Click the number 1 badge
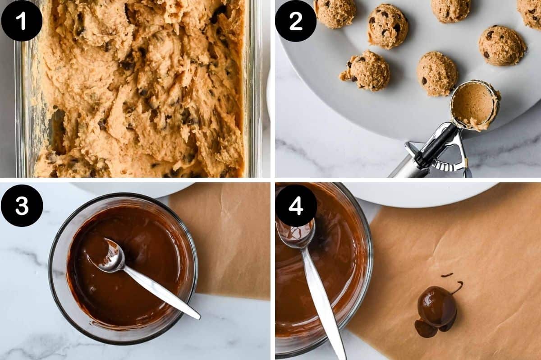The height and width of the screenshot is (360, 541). pos(22,20)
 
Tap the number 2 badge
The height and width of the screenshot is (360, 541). pos(296,20)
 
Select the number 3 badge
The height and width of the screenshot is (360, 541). pos(22,205)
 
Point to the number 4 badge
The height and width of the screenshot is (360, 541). pos(296,205)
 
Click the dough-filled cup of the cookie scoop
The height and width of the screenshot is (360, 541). pos(474,105)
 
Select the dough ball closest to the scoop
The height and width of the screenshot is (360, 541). pos(436,74)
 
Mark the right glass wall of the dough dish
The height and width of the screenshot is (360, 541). pos(252,90)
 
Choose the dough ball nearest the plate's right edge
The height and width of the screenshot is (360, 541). pos(501,45)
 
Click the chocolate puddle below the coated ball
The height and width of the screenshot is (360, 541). pos(426,329)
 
